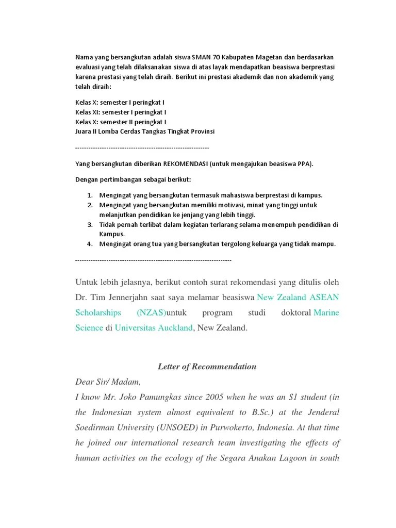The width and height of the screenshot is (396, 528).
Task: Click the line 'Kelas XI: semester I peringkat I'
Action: pos(121,112)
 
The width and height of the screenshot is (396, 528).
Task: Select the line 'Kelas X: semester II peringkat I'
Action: pos(121,122)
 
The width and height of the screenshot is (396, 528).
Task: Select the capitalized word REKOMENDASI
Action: pos(185,164)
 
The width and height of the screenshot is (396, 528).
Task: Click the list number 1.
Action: pos(89,195)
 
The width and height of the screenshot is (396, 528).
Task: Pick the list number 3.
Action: pos(89,225)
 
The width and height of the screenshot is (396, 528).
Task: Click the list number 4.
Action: pos(89,244)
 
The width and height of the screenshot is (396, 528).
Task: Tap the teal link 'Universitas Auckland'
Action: pos(153,327)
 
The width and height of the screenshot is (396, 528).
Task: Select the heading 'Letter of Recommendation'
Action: pos(206,367)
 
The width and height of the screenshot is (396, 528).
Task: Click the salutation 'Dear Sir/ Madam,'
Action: pos(108,382)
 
